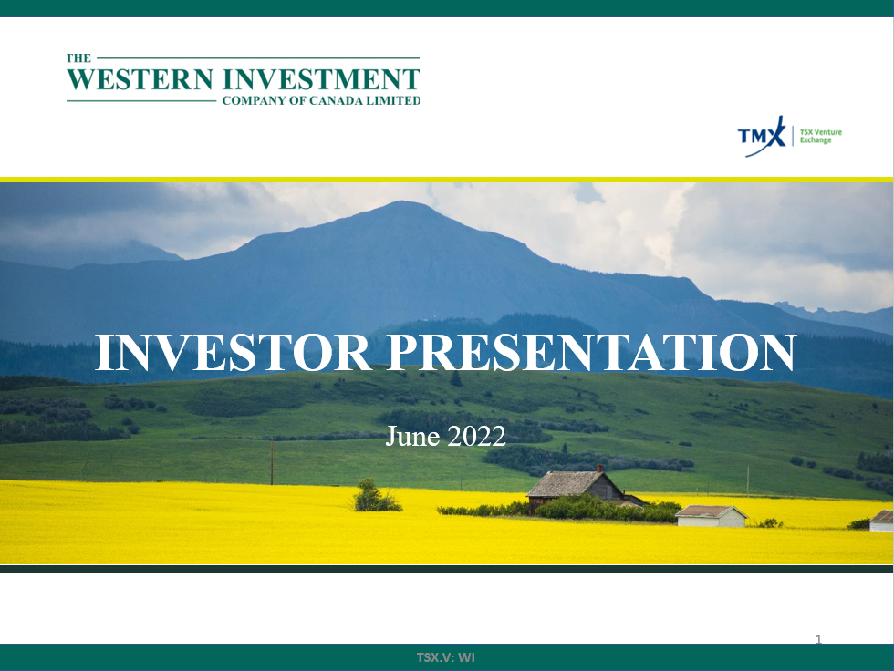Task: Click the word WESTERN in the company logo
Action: point(140,79)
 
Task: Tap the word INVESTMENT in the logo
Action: point(321,79)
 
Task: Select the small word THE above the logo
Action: point(78,58)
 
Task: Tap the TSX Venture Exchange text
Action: point(820,136)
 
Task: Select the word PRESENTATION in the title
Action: point(592,352)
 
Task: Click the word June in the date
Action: point(412,437)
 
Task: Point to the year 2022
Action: point(476,437)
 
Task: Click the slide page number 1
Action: point(819,639)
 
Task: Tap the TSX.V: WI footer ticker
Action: point(446,657)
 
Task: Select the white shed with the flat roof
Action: point(711,516)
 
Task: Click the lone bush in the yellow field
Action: point(376,496)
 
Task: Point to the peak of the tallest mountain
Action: point(402,201)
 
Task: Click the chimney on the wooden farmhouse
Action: point(599,469)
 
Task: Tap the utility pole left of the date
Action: point(272,462)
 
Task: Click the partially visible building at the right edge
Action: point(882,521)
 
